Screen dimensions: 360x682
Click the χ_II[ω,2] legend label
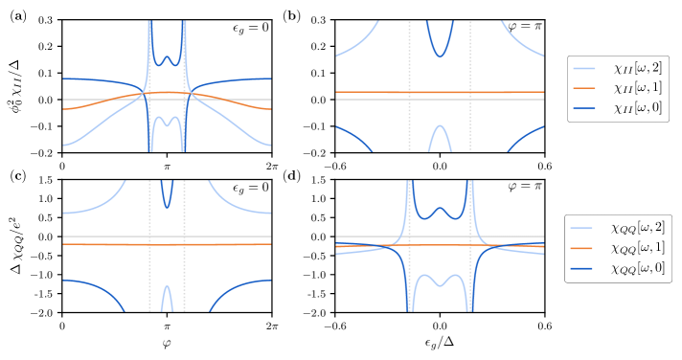pos(636,69)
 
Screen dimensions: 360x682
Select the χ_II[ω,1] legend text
pos(636,88)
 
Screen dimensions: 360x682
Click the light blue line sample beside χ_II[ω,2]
pos(584,69)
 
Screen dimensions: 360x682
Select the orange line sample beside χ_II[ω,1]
pos(584,88)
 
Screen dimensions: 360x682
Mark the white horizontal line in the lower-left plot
pos(96,236)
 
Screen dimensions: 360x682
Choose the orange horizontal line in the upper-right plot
pos(383,92)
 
